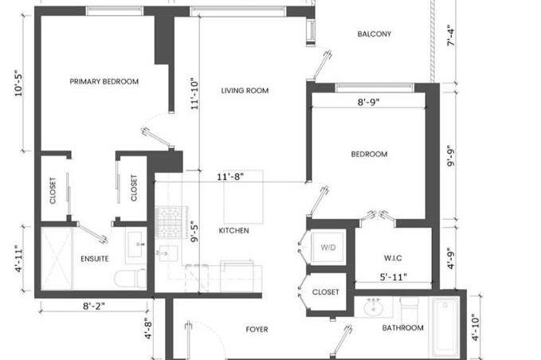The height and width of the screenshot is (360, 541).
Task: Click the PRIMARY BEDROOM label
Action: point(104,82)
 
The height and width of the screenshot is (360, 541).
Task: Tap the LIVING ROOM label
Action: point(245,91)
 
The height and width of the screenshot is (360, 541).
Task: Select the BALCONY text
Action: point(374,34)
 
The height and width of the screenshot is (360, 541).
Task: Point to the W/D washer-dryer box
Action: point(327,247)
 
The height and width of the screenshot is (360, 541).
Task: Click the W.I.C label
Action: point(393,258)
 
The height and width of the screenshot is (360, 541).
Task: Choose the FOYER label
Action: point(257,330)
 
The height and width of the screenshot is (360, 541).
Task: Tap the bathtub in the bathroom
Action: point(445,327)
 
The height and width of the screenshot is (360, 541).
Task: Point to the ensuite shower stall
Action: point(57,258)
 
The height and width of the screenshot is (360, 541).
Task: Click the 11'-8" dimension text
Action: point(230,177)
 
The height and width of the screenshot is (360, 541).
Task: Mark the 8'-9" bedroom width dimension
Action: point(368,102)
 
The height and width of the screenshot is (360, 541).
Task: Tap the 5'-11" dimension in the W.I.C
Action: point(394,277)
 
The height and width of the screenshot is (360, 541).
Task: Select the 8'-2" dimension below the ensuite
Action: point(93,306)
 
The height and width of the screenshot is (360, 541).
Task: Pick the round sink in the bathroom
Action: point(374,308)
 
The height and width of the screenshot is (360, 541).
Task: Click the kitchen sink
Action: point(168,253)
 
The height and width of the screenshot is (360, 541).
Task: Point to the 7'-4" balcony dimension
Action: point(451,36)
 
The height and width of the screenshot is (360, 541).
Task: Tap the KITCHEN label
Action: point(234,231)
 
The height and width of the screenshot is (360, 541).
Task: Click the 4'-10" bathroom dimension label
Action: point(476,327)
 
